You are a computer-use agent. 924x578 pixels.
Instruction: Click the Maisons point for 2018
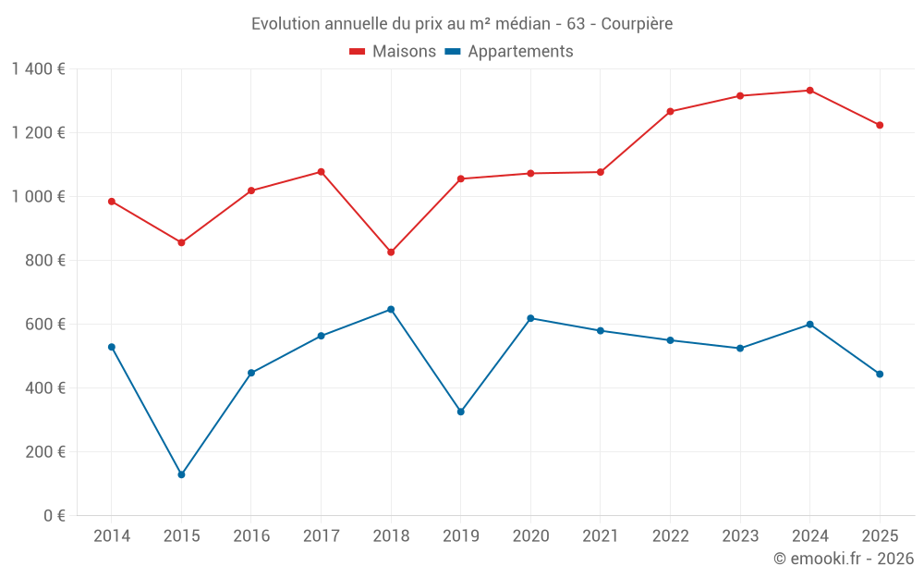click(x=391, y=252)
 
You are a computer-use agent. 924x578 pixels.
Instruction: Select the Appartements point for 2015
click(x=181, y=474)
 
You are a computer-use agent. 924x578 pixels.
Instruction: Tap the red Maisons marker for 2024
click(x=809, y=91)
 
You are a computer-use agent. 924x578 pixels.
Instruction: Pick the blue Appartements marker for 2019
click(x=460, y=412)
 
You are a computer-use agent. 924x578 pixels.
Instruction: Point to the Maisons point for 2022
click(x=670, y=112)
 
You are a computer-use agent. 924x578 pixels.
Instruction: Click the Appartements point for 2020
click(x=530, y=318)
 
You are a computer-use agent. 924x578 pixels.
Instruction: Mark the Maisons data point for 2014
click(x=112, y=202)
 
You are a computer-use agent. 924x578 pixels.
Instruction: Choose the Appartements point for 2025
click(x=880, y=374)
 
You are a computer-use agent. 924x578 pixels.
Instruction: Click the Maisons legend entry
click(x=393, y=52)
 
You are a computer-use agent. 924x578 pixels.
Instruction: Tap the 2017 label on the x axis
click(x=321, y=536)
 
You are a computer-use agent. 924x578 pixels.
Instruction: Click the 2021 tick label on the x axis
click(x=601, y=536)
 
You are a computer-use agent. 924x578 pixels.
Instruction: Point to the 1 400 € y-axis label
click(x=38, y=69)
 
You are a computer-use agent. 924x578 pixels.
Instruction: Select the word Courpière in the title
click(x=638, y=23)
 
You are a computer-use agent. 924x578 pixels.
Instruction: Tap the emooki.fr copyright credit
click(x=844, y=559)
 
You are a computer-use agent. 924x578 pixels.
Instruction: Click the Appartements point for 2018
click(x=391, y=309)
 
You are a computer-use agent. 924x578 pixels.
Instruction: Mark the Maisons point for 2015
click(x=181, y=242)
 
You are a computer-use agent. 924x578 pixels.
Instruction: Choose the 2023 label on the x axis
click(x=740, y=536)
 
